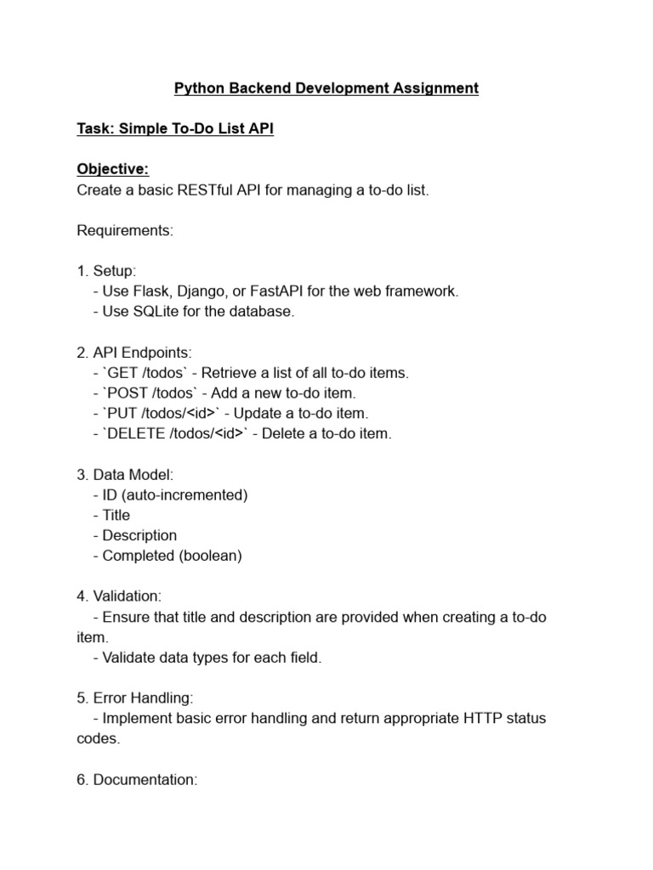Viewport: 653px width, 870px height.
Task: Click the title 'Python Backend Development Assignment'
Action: click(x=326, y=88)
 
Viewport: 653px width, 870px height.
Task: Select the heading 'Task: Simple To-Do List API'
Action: click(x=175, y=129)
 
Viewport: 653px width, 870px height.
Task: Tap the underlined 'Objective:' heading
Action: click(x=112, y=170)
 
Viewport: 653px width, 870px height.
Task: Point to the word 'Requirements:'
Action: click(x=125, y=231)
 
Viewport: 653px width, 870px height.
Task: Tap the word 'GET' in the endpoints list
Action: click(x=125, y=373)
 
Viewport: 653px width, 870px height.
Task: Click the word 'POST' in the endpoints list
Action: click(x=129, y=393)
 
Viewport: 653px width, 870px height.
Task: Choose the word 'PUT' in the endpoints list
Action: click(x=124, y=414)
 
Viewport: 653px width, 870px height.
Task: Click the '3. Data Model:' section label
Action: click(x=125, y=475)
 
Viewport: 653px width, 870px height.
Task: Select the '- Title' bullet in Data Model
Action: click(x=111, y=515)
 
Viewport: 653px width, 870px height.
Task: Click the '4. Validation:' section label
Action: click(x=120, y=596)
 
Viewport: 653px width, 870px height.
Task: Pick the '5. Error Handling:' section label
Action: click(x=135, y=698)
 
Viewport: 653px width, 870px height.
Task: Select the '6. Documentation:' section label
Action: click(x=137, y=780)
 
